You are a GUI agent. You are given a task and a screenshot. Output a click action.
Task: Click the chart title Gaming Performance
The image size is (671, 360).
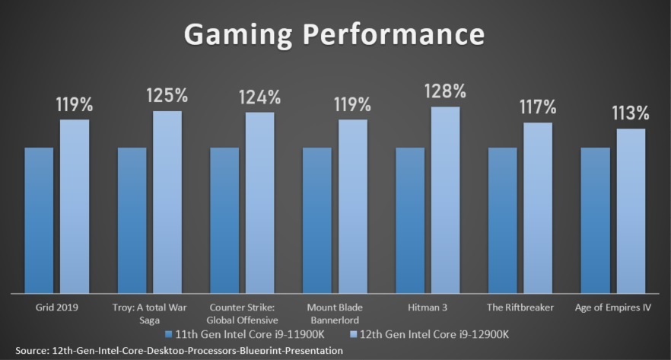[x=334, y=35]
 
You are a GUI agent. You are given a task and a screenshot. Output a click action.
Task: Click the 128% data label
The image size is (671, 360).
[x=446, y=92]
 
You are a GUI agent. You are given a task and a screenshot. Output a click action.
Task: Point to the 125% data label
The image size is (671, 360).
[x=167, y=96]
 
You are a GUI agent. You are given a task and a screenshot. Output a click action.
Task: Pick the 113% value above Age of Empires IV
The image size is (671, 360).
[x=631, y=113]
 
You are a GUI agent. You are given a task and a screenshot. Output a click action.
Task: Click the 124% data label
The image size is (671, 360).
[x=260, y=97]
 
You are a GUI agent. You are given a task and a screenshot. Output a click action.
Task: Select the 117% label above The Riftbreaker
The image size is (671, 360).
[x=539, y=107]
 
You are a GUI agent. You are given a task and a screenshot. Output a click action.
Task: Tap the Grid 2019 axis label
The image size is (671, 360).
[x=57, y=307]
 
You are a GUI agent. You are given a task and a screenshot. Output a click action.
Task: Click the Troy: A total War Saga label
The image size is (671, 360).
[x=150, y=313]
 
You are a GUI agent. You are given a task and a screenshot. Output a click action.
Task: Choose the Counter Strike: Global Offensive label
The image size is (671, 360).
[x=243, y=313]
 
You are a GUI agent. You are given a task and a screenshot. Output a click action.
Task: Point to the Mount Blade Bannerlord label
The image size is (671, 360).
[x=335, y=313]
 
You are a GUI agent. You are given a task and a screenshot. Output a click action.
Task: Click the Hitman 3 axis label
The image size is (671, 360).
[x=428, y=307]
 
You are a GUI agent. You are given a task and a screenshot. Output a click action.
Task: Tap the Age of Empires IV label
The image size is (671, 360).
[x=614, y=307]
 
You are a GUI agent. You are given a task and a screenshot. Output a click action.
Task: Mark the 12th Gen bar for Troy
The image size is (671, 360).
[x=167, y=202]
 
